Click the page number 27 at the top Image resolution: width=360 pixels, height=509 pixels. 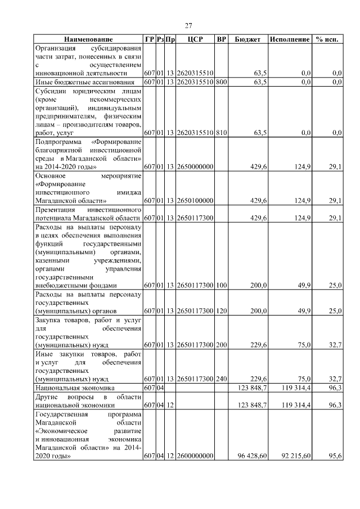coord(188,25)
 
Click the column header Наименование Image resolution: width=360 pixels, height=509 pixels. coord(88,39)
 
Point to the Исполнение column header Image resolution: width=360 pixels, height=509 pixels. coord(290,39)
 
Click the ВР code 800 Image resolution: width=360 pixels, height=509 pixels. coord(221,82)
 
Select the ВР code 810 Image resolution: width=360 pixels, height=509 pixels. coord(221,133)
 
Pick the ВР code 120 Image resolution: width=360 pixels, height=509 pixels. coord(221,310)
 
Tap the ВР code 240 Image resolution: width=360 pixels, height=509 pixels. coord(221,379)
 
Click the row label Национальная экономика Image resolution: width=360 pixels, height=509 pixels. coord(75,388)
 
